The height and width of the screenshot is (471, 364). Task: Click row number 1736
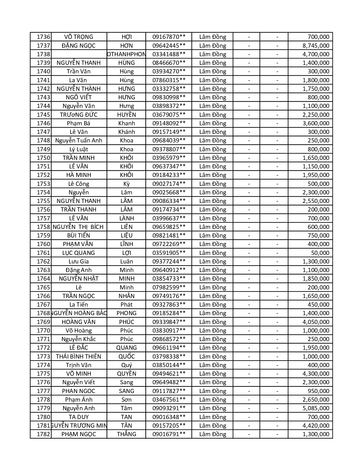(43, 37)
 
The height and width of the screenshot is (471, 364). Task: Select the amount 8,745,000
(316, 45)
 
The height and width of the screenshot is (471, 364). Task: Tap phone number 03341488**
(169, 54)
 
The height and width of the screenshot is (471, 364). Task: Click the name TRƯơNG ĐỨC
(79, 115)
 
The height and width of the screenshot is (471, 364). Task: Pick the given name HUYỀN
(126, 115)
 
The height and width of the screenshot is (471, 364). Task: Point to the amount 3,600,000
(316, 123)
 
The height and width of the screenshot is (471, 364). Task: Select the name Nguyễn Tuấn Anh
(79, 140)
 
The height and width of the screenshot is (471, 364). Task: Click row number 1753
(43, 184)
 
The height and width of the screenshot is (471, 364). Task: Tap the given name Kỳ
(126, 184)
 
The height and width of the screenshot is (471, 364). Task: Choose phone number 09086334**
(169, 201)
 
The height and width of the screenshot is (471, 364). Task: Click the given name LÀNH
(126, 218)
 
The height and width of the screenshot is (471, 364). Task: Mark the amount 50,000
(320, 253)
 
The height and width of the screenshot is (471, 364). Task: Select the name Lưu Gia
(79, 261)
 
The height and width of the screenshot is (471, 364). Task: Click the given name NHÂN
(126, 296)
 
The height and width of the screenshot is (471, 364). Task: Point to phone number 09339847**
(169, 322)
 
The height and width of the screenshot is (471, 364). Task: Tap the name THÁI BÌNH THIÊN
(79, 357)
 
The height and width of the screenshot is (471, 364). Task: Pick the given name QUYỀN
(126, 374)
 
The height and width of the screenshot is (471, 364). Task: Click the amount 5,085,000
(316, 408)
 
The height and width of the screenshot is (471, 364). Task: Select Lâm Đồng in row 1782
(212, 434)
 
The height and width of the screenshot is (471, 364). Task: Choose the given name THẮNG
(126, 434)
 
